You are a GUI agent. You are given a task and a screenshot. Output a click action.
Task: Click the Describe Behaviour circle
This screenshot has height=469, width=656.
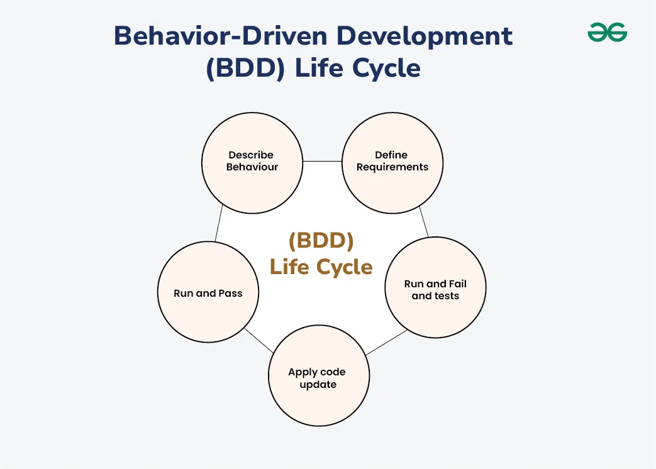pyautogui.click(x=252, y=162)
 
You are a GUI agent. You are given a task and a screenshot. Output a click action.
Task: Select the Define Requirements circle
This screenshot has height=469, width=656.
pyautogui.click(x=392, y=162)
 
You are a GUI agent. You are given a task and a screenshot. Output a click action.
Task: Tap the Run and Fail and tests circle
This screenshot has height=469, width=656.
pyautogui.click(x=435, y=290)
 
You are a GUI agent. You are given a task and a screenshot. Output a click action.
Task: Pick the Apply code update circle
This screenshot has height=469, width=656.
pyautogui.click(x=318, y=378)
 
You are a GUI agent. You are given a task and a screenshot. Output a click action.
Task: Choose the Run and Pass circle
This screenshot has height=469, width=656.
pyautogui.click(x=208, y=294)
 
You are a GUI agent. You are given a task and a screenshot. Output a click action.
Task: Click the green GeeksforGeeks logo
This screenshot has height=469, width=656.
pyautogui.click(x=607, y=33)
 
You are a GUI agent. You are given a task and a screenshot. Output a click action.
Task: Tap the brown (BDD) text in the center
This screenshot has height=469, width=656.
pyautogui.click(x=321, y=241)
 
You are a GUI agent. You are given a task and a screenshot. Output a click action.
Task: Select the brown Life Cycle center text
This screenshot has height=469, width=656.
pyautogui.click(x=321, y=267)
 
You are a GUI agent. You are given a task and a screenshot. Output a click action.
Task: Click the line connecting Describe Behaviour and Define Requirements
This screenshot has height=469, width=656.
pyautogui.click(x=322, y=162)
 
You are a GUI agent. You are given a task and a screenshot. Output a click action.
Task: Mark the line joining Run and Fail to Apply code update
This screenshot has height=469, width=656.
pyautogui.click(x=386, y=343)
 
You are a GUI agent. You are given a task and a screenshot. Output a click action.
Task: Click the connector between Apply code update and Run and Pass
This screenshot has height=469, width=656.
pyautogui.click(x=258, y=340)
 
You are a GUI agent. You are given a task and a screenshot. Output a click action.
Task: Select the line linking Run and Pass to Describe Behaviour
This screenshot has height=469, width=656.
pyautogui.click(x=218, y=224)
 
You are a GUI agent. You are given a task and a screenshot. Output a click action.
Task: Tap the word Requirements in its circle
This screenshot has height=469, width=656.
pyautogui.click(x=392, y=167)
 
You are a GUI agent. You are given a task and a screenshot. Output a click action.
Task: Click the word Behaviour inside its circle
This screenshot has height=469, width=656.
pyautogui.click(x=252, y=167)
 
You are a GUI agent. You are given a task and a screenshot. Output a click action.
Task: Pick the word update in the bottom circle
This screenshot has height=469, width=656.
pyautogui.click(x=318, y=384)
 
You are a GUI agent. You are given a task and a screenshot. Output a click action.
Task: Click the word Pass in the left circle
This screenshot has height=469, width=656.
pyautogui.click(x=230, y=294)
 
